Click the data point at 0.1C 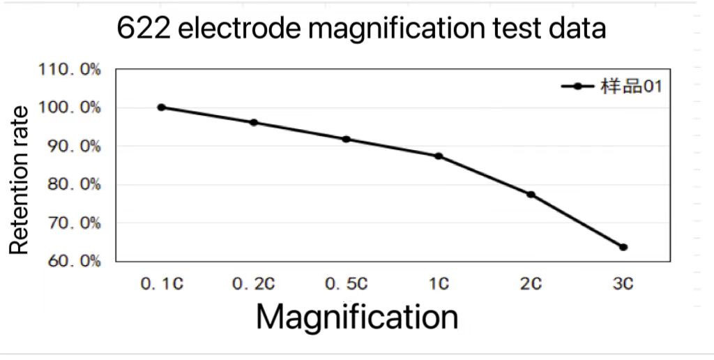tap(161, 107)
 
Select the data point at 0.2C tap(254, 123)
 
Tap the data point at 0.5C tap(346, 139)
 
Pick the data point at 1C tap(439, 156)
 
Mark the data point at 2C tap(531, 195)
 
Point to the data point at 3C tap(623, 247)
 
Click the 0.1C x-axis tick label tap(161, 284)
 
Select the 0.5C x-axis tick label tap(346, 284)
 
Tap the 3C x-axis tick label tap(623, 284)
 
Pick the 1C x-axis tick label tap(439, 284)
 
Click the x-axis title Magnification tap(357, 317)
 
